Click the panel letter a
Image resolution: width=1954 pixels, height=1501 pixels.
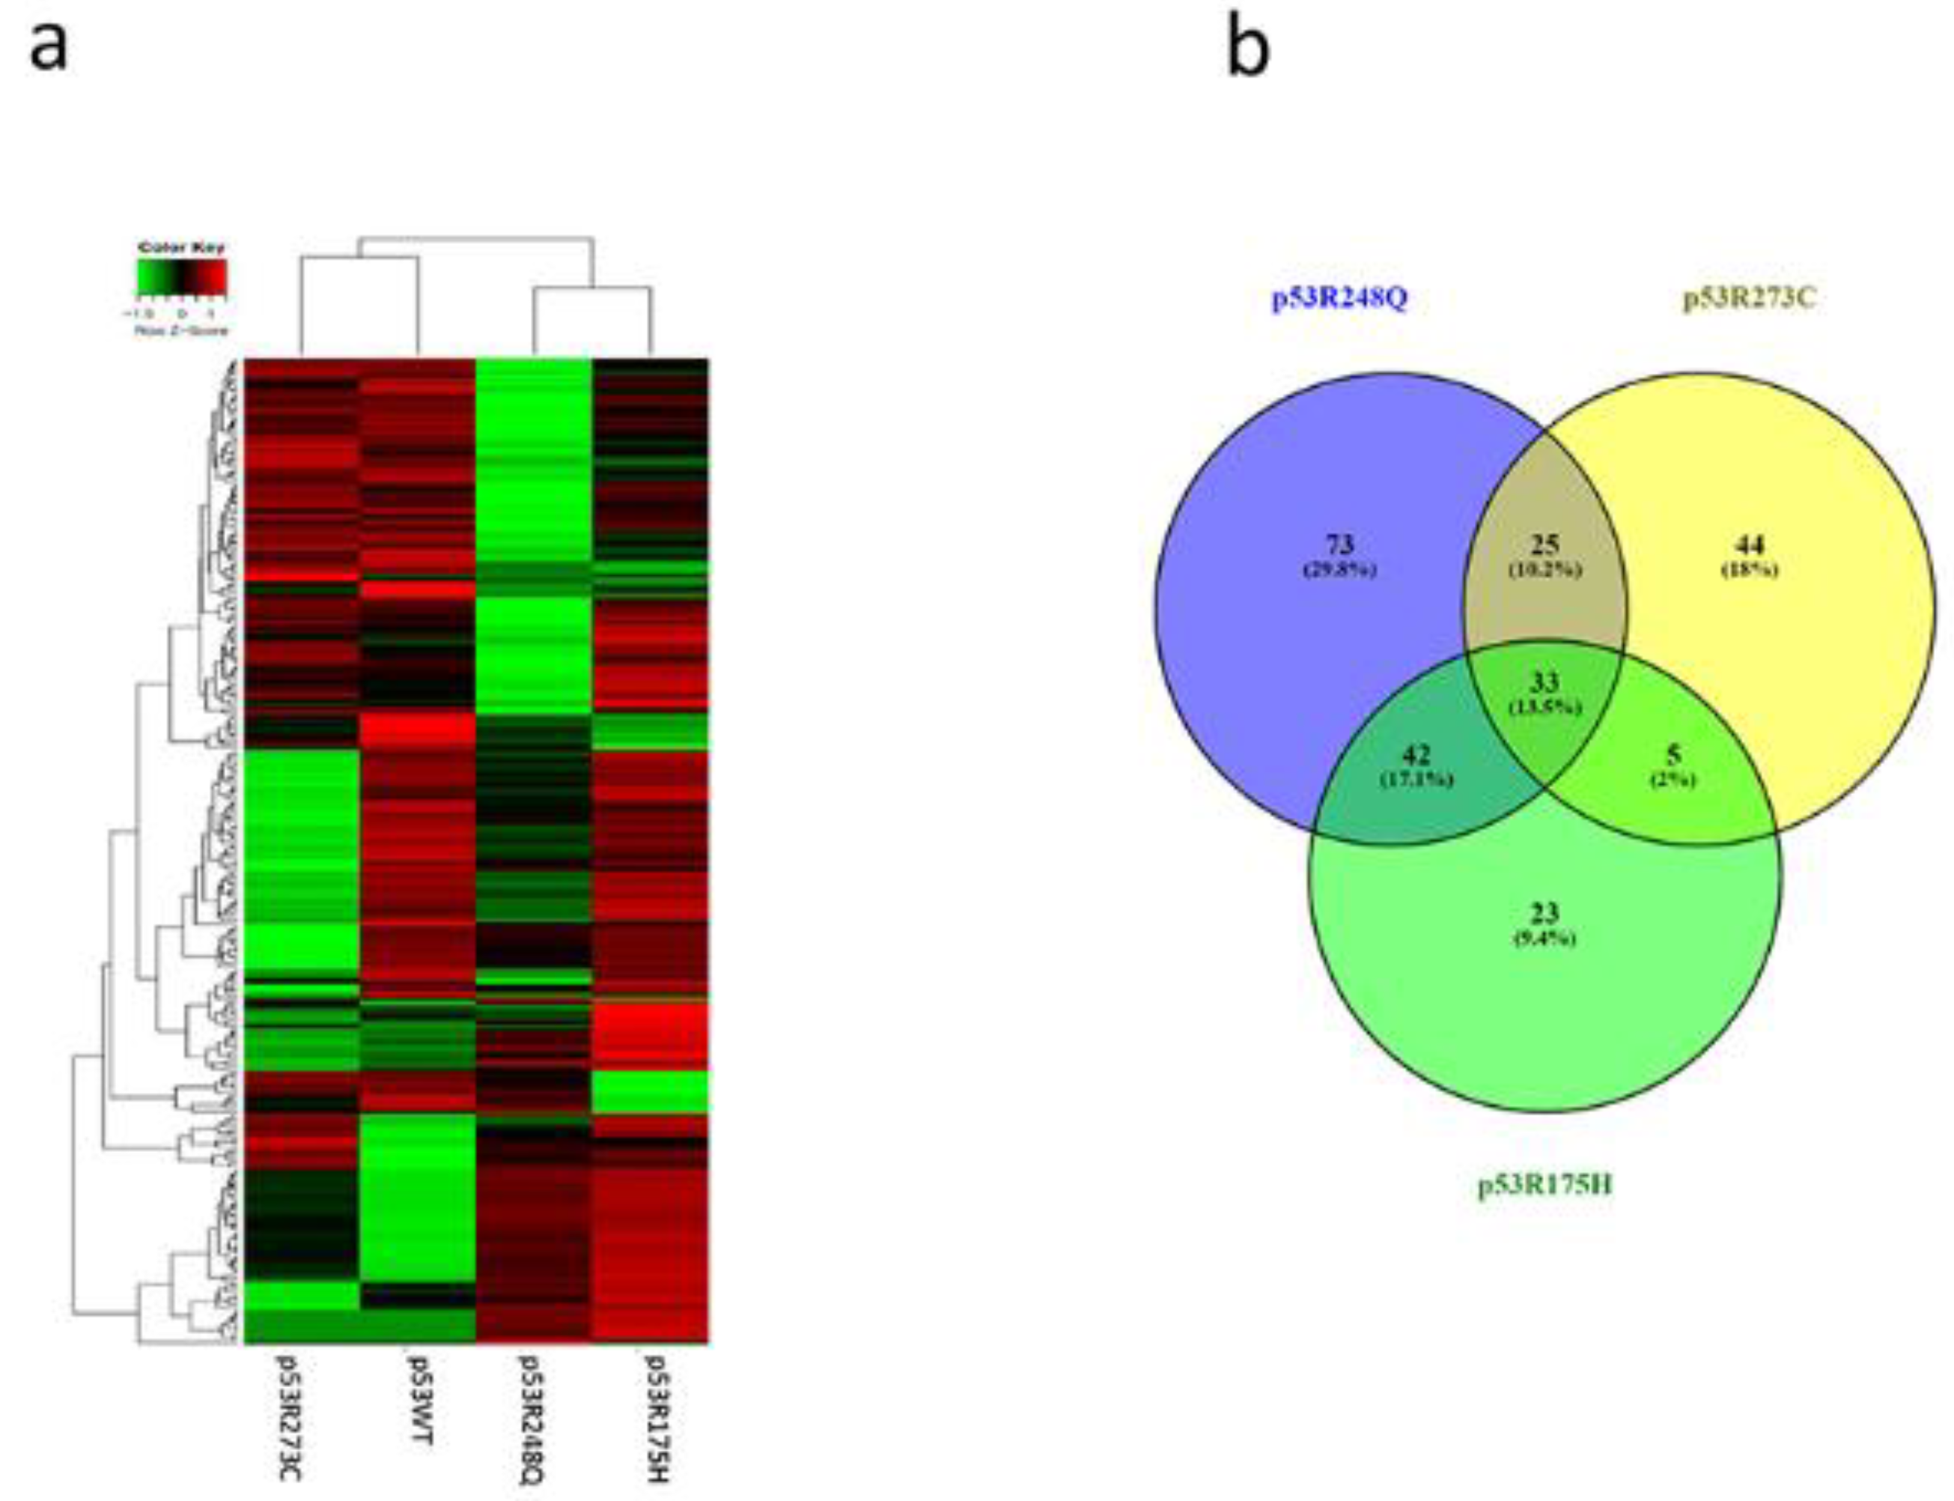click(49, 47)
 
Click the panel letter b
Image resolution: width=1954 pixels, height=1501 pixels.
click(1247, 49)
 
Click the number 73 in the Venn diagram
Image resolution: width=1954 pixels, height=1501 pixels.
click(1339, 544)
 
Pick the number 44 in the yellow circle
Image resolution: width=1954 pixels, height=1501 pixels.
click(1749, 544)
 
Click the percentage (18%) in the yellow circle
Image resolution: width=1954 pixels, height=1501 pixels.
click(1749, 570)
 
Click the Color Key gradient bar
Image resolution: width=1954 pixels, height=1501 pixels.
click(181, 277)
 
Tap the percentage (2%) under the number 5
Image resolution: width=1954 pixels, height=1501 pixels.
click(1673, 780)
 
